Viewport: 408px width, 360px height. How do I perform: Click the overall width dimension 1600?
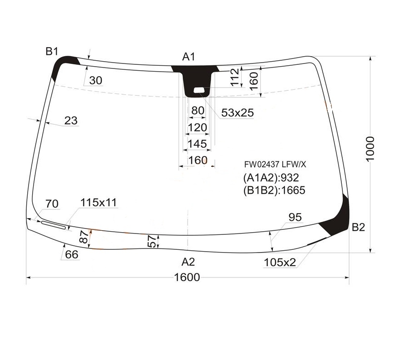tap(187, 277)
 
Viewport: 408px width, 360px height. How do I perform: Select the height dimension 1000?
tap(370, 148)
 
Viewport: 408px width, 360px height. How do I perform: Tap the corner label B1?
tap(52, 51)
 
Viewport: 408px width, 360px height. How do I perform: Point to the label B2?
tap(358, 228)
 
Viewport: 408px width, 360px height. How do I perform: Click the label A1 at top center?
tap(189, 57)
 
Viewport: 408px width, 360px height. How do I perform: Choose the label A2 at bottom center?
tap(188, 262)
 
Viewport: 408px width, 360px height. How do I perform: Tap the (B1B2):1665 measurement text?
tap(274, 190)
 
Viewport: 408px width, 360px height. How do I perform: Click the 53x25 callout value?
tap(237, 113)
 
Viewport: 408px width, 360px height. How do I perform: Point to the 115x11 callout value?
tap(99, 203)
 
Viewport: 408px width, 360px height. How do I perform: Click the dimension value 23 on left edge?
tap(71, 121)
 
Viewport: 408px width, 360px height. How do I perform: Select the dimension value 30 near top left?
tap(96, 81)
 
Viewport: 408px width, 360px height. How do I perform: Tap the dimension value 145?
tap(197, 144)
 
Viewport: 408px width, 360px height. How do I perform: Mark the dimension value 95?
tap(295, 218)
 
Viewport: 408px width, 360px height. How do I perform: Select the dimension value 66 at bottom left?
tap(72, 255)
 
